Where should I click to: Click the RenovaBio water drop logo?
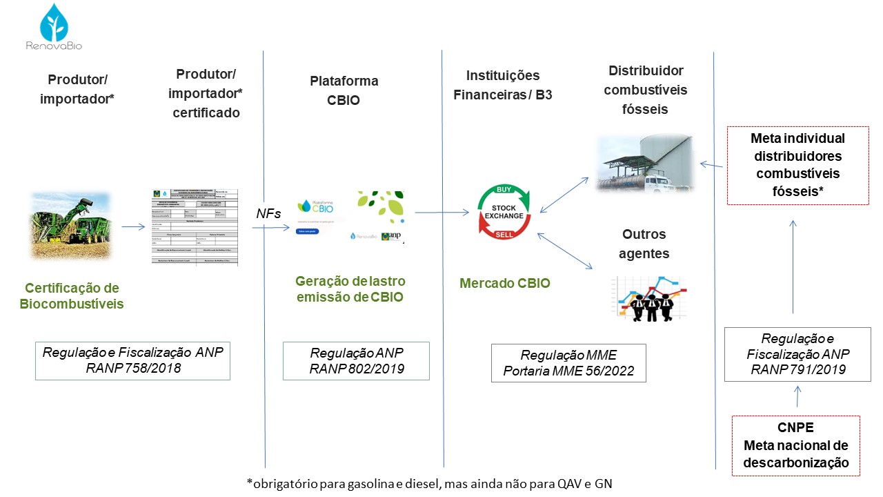coord(54,23)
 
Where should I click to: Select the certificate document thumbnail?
coord(195,227)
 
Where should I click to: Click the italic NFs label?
coord(268,214)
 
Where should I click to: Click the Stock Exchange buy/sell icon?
coord(504,212)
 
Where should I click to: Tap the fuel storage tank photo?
coord(644,163)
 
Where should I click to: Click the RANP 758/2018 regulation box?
coord(133,360)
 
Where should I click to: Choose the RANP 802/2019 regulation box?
coord(356,360)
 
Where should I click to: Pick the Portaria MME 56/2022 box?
coord(568,362)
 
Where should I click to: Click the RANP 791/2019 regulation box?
coord(797,354)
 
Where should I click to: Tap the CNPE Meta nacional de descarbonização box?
coord(796,445)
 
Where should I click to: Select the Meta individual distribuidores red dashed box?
coord(797,165)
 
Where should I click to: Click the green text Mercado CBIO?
coord(505,283)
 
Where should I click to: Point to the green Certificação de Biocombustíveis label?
coord(72,295)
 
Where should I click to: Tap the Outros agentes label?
coord(644,244)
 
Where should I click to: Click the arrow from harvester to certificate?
coord(132,226)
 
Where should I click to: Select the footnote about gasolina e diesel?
coord(428,483)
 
